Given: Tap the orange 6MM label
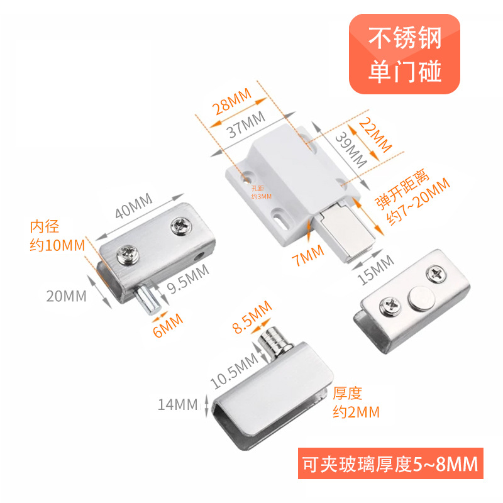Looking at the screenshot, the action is (167, 321).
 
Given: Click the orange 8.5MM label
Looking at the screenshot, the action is (251, 318).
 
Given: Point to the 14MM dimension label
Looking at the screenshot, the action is (178, 404).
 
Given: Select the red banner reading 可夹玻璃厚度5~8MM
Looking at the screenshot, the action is (388, 465).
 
